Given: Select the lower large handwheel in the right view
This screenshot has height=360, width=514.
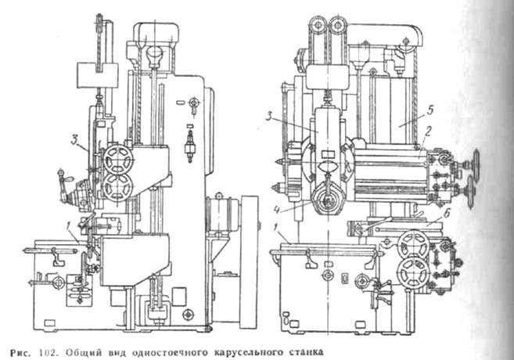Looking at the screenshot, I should (411, 274).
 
